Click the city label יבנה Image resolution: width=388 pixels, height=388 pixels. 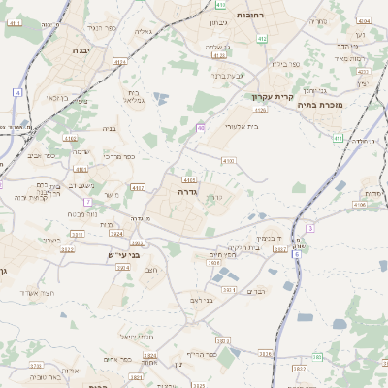pos(81,48)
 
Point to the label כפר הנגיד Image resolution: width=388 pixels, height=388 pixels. pos(101,28)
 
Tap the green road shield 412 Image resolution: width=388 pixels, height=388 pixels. pos(261,38)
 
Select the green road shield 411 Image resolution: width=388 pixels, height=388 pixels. pos(338,139)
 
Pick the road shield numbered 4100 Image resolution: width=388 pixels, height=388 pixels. pos(228,160)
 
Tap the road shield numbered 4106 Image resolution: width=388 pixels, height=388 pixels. pos(360,205)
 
